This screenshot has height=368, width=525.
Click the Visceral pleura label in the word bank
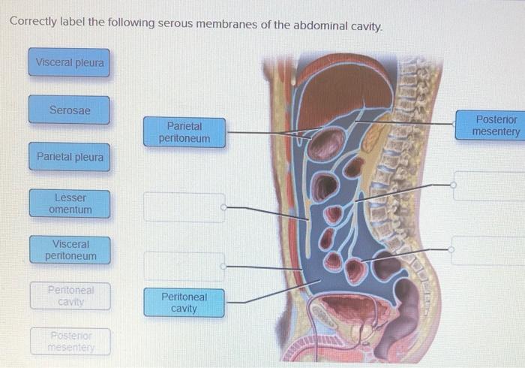[70, 63]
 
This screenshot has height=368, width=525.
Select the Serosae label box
[70, 110]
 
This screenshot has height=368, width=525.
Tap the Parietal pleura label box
[70, 157]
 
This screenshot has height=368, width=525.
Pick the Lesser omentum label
[70, 204]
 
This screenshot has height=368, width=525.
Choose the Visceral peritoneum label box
[70, 250]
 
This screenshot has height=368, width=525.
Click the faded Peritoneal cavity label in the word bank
[70, 296]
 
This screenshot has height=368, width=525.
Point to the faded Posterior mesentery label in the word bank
[70, 342]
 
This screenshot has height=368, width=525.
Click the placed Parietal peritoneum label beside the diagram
[184, 132]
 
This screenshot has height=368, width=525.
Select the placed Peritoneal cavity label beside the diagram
[184, 302]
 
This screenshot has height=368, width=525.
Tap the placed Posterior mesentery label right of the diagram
[495, 125]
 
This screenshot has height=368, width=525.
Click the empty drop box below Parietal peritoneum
[184, 207]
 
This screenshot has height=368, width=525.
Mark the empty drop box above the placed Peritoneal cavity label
[184, 266]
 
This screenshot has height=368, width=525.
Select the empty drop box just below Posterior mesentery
[489, 186]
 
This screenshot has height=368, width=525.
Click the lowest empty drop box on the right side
[489, 250]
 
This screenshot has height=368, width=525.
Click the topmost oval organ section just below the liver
[325, 143]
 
